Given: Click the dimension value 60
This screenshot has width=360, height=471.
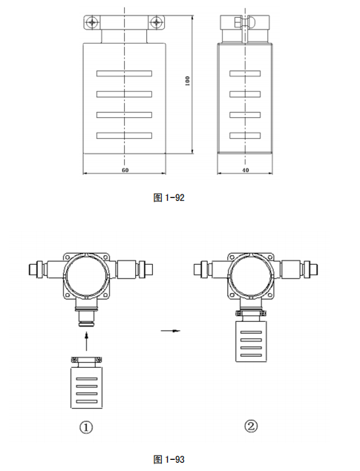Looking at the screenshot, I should pos(125,170).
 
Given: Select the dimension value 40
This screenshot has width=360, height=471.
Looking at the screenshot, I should pos(246,170).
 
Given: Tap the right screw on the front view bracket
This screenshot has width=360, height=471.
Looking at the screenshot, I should pos(155,22).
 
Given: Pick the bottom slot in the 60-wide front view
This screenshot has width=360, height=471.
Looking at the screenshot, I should pos(124,134).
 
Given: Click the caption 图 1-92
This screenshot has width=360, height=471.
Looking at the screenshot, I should pos(168,198).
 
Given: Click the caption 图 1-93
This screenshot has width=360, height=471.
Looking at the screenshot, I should pos(168,459).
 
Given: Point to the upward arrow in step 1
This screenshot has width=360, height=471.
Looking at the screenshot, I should pos(88,341).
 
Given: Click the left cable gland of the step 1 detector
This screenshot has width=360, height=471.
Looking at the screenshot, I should pos(36,266).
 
